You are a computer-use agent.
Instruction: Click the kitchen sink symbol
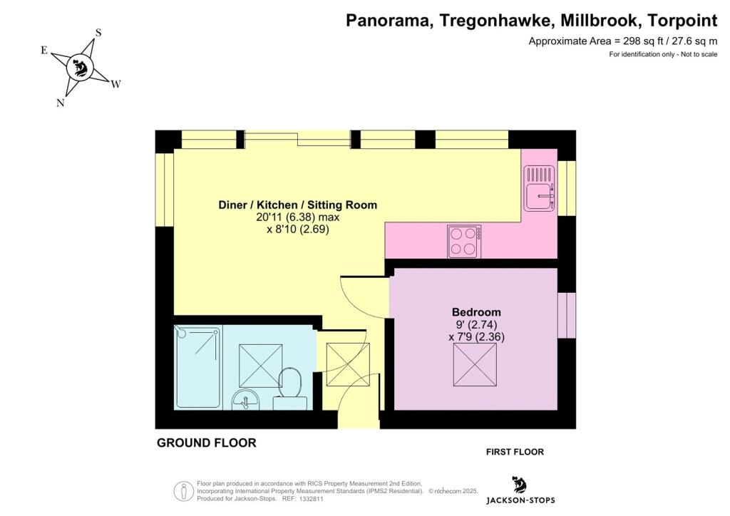539,187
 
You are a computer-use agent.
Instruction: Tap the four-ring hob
464,242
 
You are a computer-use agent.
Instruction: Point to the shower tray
197,368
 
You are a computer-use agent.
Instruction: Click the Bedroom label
476,311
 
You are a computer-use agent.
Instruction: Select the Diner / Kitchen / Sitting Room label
297,205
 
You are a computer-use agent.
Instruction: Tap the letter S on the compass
98,33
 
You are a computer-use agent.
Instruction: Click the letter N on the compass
60,103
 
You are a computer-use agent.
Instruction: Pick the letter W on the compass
115,84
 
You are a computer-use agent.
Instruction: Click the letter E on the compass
44,51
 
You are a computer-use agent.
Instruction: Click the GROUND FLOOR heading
206,443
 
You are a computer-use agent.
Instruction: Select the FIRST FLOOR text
515,452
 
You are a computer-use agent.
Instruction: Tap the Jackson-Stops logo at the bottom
520,490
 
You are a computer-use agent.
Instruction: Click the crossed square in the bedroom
475,364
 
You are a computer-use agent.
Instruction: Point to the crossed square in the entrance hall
348,364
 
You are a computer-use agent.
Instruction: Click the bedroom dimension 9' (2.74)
476,324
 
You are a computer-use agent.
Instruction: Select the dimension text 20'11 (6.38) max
297,217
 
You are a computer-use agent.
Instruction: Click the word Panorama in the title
389,21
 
